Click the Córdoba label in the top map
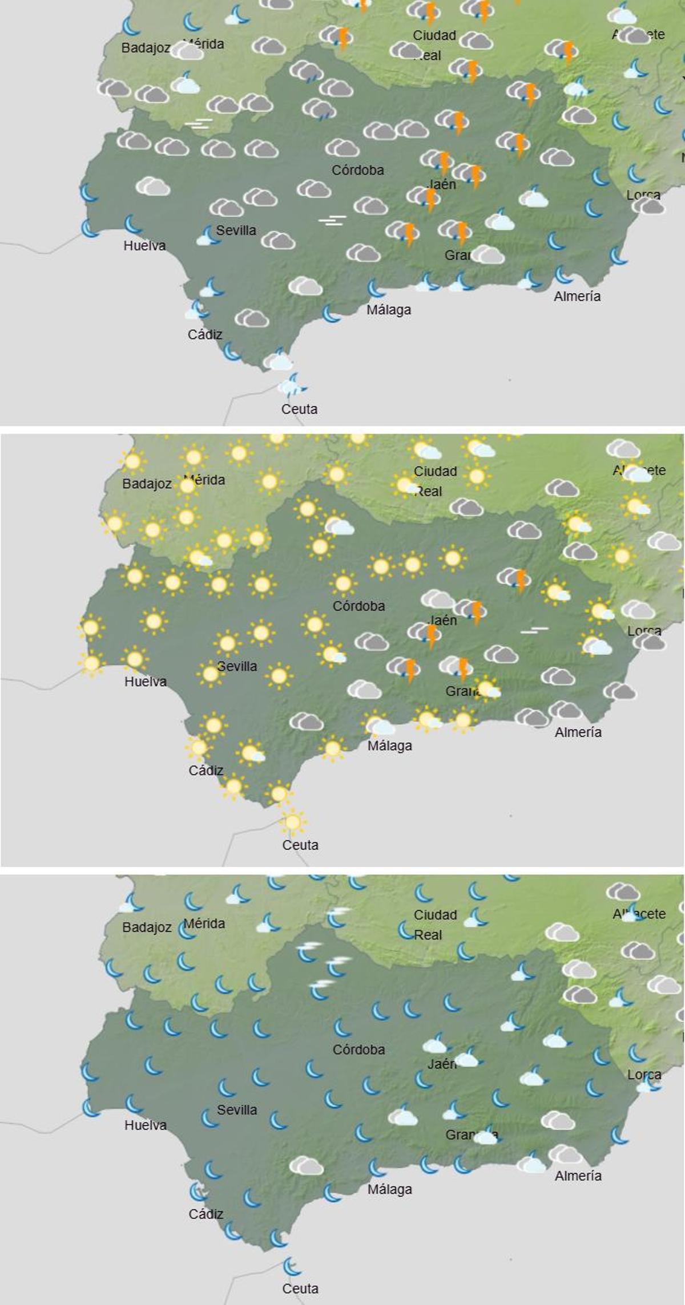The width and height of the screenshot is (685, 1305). coord(358,170)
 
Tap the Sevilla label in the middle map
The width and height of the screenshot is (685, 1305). coord(237,666)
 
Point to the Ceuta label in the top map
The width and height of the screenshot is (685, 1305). coord(299,409)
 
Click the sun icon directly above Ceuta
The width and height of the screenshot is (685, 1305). coord(293,822)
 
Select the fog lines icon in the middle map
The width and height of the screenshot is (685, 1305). coord(534,630)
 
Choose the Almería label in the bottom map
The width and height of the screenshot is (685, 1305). coord(578,1176)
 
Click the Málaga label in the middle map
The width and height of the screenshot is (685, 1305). coord(390,745)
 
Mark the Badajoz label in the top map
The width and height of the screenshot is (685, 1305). coord(146,48)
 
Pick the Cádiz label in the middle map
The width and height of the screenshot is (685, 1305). coord(205,771)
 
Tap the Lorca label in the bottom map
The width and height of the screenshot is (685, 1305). coord(644,1075)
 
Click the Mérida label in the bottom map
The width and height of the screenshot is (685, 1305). coord(204,923)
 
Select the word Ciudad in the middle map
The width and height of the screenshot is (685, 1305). coord(435,471)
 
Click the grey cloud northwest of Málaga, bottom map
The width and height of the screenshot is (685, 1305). coord(307,1166)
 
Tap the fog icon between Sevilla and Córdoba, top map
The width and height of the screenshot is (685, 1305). coord(332,220)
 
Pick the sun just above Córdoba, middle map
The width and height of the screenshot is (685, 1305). coord(343,583)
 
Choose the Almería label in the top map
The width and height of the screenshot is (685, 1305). coord(577,296)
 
